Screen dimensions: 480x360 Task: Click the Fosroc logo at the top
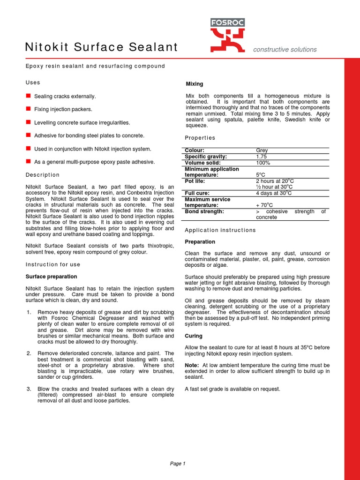coord(227,35)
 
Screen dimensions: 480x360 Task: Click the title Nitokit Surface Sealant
coord(101,47)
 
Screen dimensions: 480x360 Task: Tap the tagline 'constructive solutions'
coord(285,49)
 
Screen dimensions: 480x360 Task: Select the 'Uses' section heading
coord(33,82)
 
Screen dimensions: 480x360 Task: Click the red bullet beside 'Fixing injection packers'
coord(28,109)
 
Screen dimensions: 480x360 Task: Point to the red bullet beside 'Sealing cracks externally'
coord(28,96)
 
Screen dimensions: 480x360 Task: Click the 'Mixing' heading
coord(195,84)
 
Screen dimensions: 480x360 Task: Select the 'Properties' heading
coord(200,138)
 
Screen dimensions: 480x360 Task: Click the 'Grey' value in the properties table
coord(262,150)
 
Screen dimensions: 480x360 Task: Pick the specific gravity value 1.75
coord(261,157)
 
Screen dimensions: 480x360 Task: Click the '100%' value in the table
coord(263,163)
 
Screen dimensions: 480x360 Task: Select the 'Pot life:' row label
coord(197,181)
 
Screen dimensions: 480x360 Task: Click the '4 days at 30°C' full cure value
coord(274,193)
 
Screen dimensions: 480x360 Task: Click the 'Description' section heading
coord(42,175)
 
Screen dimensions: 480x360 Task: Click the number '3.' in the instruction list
coord(29,389)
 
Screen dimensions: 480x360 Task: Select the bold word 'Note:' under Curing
coord(193,365)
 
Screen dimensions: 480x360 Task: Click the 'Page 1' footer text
coord(178,464)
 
